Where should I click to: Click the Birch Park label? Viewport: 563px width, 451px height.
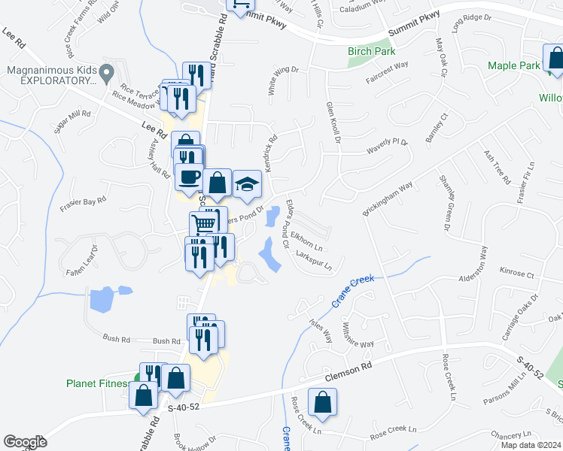pos(371,51)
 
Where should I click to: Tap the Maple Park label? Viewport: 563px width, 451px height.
pos(513,65)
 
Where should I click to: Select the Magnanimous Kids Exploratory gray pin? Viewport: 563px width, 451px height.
pos(107,73)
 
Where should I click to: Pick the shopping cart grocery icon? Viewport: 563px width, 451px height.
pos(203,222)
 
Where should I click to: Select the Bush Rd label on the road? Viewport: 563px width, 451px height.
pos(166,341)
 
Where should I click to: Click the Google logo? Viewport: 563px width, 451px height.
pos(26,442)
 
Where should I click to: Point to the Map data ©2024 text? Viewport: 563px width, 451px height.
pos(529,445)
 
